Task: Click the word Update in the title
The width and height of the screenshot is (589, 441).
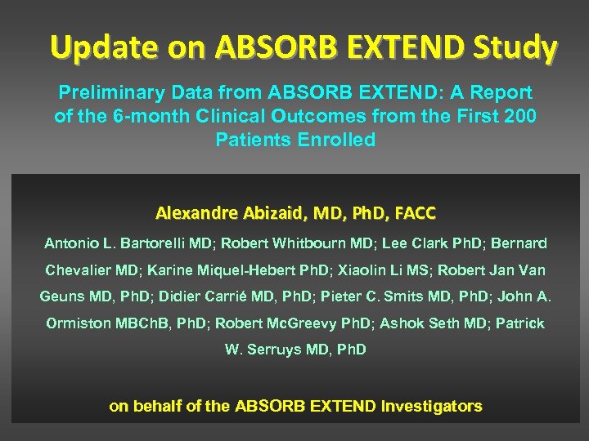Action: tap(97, 48)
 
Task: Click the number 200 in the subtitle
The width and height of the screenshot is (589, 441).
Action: tap(519, 117)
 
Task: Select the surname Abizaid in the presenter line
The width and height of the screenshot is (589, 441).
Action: tap(273, 215)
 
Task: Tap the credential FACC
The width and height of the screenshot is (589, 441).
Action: tap(415, 215)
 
